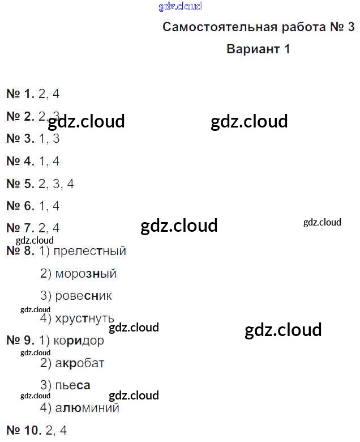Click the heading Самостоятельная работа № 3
pos(258,27)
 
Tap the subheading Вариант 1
pos(258,49)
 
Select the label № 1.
pos(20,94)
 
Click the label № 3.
pos(20,139)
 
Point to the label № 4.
pos(20,161)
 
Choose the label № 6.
pos(20,206)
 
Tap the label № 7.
pos(20,228)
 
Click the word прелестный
pos(90,251)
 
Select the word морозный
pos(85,274)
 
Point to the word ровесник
pos(84,296)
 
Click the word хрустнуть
pos(85,318)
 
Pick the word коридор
pos(79,341)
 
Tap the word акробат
pos(80,363)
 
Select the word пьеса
pos(72,385)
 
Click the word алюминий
pos(87,408)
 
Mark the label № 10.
pos(24,431)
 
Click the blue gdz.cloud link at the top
pos(180,7)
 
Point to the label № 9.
pos(20,341)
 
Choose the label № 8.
pos(20,251)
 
